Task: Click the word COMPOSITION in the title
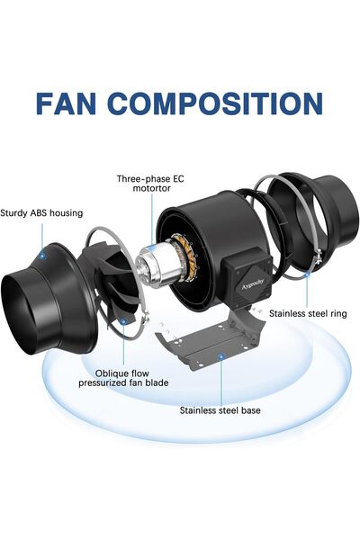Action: (218, 103)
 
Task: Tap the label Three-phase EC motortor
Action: (150, 184)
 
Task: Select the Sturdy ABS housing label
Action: (41, 212)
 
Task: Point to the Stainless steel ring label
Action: (308, 313)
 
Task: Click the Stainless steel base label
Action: (220, 410)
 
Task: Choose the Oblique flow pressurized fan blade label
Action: (123, 378)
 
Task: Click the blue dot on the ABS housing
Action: (42, 256)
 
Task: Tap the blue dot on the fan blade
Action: (123, 321)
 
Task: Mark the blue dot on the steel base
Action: (220, 356)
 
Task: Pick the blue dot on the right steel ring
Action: (307, 274)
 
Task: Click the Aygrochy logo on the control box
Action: (253, 283)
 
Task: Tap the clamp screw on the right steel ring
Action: (318, 259)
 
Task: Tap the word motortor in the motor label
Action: (151, 188)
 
